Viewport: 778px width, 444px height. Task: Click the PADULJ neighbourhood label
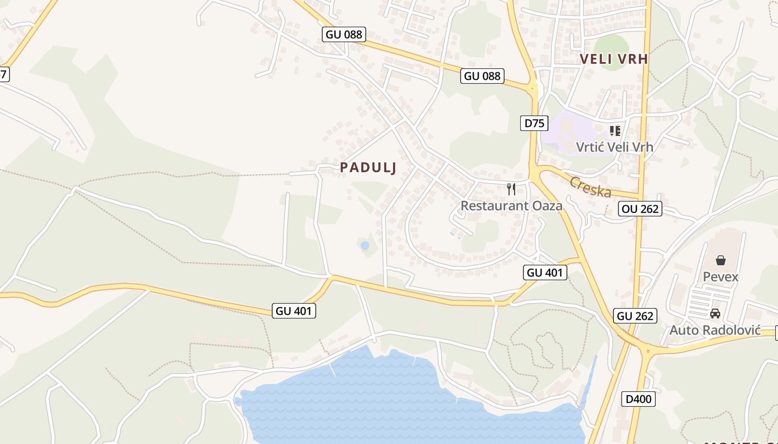pyautogui.click(x=368, y=168)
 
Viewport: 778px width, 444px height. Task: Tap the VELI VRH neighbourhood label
pyautogui.click(x=614, y=59)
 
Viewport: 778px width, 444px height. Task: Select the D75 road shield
pyautogui.click(x=535, y=123)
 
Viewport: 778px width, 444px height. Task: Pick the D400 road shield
pyautogui.click(x=639, y=399)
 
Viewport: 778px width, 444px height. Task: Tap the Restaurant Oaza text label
pyautogui.click(x=511, y=206)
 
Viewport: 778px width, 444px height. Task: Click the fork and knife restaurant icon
pyautogui.click(x=511, y=189)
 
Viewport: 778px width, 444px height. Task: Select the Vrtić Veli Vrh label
pyautogui.click(x=614, y=147)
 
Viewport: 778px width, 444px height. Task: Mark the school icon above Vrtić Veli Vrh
pyautogui.click(x=615, y=131)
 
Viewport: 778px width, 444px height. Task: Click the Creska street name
pyautogui.click(x=590, y=187)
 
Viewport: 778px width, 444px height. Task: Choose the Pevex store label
pyautogui.click(x=721, y=276)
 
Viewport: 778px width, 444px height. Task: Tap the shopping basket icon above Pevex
pyautogui.click(x=721, y=260)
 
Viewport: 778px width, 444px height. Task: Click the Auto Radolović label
pyautogui.click(x=715, y=330)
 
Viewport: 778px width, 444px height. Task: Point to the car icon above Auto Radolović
pyautogui.click(x=715, y=314)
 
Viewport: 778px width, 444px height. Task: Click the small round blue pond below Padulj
pyautogui.click(x=365, y=245)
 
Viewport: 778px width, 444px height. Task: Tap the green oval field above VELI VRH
pyautogui.click(x=611, y=44)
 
